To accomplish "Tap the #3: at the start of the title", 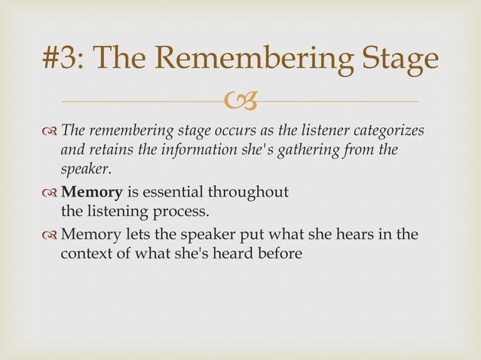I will point(67,60).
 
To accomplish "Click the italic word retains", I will point(111,149).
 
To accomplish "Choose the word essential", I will point(177,193).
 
